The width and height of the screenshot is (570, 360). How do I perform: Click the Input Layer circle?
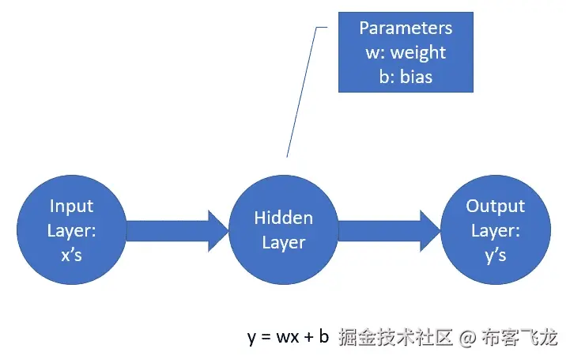click(x=72, y=229)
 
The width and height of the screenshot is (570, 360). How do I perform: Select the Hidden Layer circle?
click(x=283, y=229)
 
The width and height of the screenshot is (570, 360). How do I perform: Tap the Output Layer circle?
click(x=495, y=229)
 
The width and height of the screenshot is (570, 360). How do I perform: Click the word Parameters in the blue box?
click(x=406, y=28)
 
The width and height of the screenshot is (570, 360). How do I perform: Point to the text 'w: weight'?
click(x=406, y=53)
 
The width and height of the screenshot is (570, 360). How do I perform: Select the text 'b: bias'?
click(x=406, y=78)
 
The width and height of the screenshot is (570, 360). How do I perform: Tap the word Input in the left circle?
click(x=71, y=207)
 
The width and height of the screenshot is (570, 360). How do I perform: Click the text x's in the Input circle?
click(x=71, y=255)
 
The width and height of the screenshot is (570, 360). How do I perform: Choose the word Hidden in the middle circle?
click(x=283, y=218)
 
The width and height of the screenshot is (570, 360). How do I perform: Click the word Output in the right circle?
click(x=495, y=207)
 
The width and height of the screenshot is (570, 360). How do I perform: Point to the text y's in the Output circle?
click(x=495, y=255)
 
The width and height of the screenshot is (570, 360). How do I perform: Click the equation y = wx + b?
click(x=288, y=338)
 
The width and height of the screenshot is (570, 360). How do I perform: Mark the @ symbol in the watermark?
click(x=467, y=338)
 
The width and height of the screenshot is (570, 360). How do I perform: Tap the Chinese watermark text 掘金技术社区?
click(x=395, y=338)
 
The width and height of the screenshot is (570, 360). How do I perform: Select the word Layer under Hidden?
click(x=283, y=242)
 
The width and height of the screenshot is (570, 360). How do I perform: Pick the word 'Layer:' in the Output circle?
click(x=496, y=231)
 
